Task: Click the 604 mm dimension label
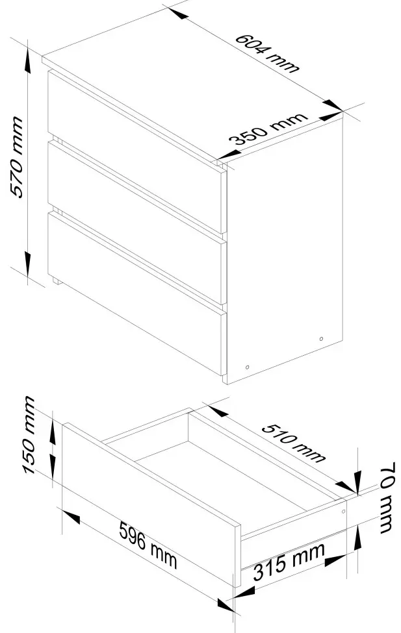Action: tap(267, 53)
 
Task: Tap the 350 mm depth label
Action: tap(268, 128)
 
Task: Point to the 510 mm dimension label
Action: tap(293, 443)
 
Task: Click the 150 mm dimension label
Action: tap(29, 435)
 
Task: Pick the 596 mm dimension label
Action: tap(148, 545)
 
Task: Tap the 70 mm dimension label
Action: tap(387, 497)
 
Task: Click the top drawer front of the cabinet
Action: tap(136, 151)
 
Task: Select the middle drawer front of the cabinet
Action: tap(136, 222)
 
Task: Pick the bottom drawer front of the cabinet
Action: tap(136, 293)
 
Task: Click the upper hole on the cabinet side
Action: tap(321, 339)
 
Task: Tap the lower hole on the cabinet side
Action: tap(248, 367)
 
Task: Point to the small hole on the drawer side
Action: tap(344, 512)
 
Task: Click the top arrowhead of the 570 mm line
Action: tap(27, 60)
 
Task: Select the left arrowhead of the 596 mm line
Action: tap(71, 517)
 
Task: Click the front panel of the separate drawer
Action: tap(151, 504)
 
